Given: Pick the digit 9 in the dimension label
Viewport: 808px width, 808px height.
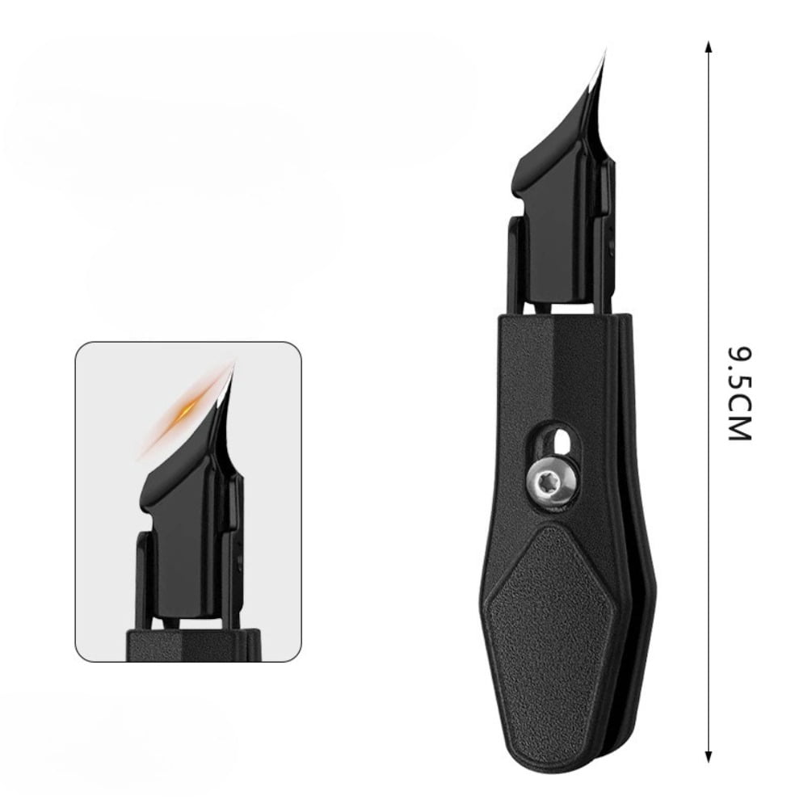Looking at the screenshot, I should (738, 357).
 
